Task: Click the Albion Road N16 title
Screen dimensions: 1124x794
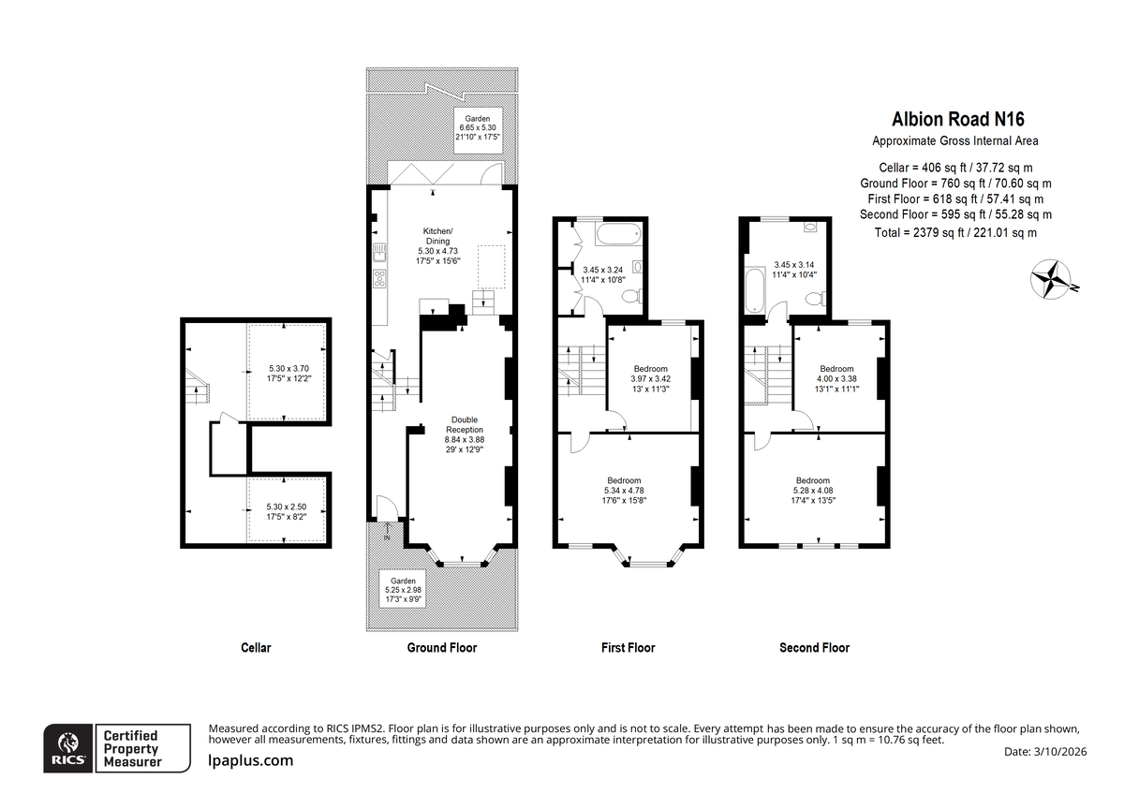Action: click(957, 119)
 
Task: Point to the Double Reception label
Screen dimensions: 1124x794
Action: click(465, 425)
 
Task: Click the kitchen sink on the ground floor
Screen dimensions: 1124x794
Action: click(379, 252)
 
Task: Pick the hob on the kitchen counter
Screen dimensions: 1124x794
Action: click(379, 279)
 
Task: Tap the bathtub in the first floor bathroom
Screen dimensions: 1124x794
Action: click(619, 234)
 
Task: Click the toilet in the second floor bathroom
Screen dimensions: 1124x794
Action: click(816, 299)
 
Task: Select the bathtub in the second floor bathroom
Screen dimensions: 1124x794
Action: click(754, 290)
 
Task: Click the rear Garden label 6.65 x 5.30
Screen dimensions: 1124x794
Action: click(478, 128)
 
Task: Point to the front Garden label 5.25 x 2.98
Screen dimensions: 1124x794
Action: click(403, 590)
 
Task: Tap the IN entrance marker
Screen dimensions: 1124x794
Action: click(387, 537)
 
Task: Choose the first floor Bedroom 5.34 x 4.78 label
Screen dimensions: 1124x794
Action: click(624, 491)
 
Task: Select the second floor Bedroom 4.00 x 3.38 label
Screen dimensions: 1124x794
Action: click(836, 378)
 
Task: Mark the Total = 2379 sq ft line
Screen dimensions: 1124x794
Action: click(955, 233)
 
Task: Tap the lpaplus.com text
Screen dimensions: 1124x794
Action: click(251, 761)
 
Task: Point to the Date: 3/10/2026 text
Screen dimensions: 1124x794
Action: click(1045, 751)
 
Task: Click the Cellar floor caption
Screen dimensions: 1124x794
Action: click(256, 648)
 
